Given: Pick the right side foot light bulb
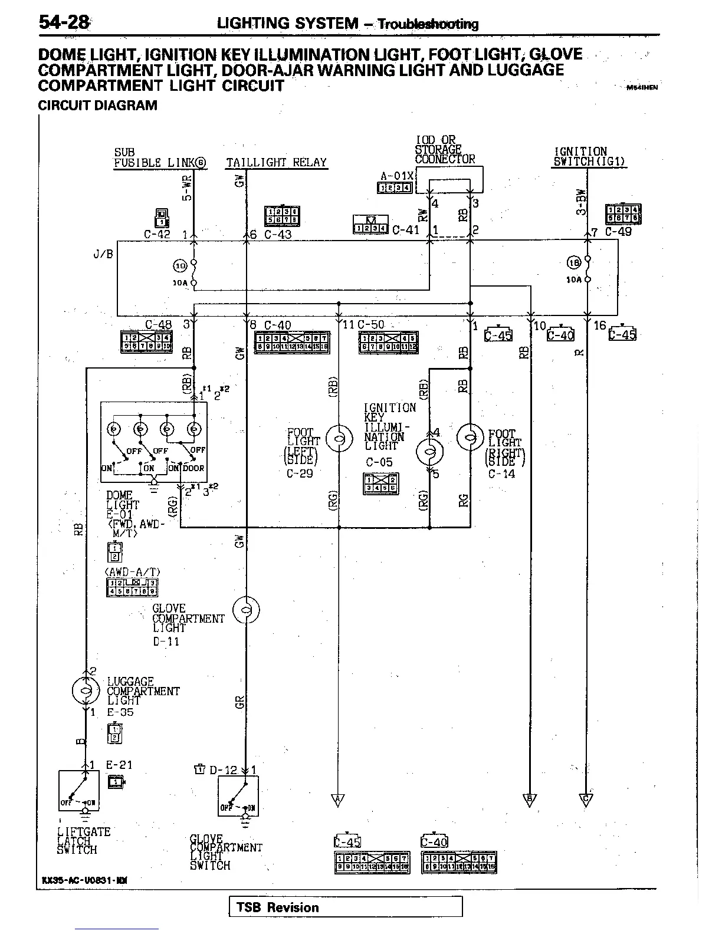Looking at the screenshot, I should click(x=470, y=438).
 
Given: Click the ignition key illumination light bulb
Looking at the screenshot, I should click(x=429, y=453).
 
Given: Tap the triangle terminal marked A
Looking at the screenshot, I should click(x=339, y=800).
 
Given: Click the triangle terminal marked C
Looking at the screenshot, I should click(x=586, y=800).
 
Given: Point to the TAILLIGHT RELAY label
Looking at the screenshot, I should click(x=276, y=163).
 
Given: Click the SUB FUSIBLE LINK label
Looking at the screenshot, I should click(x=160, y=158).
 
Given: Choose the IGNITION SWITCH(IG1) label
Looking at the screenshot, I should click(x=589, y=157).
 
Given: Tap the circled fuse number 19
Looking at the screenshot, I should click(x=180, y=265).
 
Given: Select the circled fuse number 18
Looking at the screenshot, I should click(x=574, y=263).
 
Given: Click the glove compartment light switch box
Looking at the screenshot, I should click(x=238, y=795).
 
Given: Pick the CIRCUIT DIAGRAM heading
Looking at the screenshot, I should click(x=97, y=106).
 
